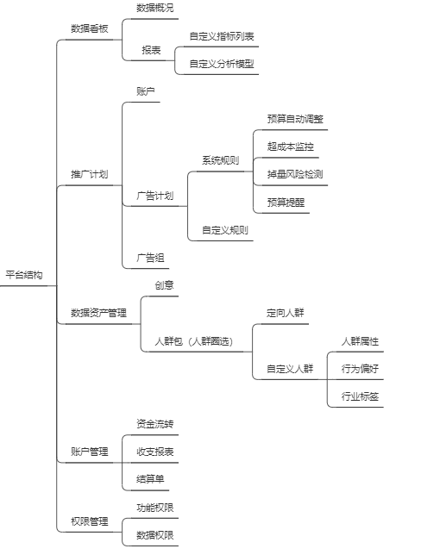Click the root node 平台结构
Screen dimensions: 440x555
[24, 275]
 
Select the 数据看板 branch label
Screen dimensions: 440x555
[89, 28]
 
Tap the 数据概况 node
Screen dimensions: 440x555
[155, 8]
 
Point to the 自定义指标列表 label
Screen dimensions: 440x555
[222, 36]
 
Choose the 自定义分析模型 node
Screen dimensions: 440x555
[222, 64]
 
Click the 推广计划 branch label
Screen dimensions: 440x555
[89, 174]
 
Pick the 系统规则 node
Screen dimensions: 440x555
[220, 160]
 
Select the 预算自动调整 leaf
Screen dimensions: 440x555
[295, 119]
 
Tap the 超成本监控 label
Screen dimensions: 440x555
[291, 147]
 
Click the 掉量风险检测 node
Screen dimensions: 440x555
[295, 174]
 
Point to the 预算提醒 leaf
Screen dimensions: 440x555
[286, 203]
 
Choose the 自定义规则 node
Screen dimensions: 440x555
[225, 230]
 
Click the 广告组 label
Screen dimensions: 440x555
[151, 258]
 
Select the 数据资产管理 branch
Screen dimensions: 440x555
[98, 313]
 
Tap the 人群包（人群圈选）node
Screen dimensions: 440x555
[194, 341]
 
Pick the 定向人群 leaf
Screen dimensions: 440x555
[286, 313]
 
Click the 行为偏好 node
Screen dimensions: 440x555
[360, 369]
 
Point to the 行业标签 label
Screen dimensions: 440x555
[360, 396]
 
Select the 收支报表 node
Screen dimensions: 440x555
[155, 452]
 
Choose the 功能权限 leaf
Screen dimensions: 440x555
[155, 508]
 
